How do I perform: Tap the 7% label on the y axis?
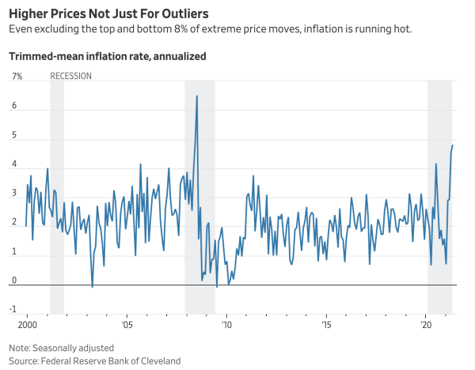tap(17, 76)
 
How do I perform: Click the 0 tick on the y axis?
tap(14, 280)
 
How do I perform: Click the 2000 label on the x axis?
tap(27, 324)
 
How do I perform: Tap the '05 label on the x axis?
tap(127, 324)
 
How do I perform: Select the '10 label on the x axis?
tap(226, 324)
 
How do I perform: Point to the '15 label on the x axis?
tap(326, 324)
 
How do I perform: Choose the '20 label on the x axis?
tap(426, 324)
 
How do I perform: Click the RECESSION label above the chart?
tap(70, 76)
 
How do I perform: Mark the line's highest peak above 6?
tap(196, 96)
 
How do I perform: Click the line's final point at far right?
tap(453, 145)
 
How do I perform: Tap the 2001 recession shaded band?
tap(57, 198)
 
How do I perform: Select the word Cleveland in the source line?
tap(159, 361)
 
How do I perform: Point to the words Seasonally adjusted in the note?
tap(74, 348)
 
